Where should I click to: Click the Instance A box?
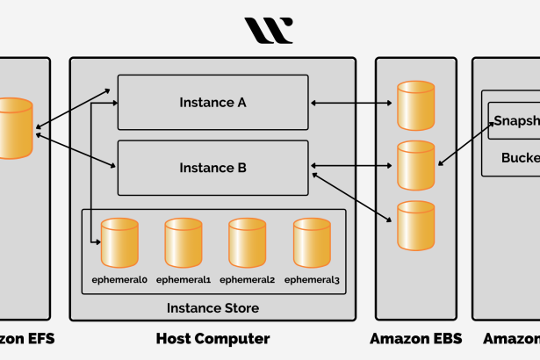point(212,103)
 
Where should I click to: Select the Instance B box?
point(212,168)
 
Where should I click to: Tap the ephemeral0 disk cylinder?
point(119,243)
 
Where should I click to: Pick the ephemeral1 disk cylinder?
point(184,243)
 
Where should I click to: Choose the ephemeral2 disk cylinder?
point(247,243)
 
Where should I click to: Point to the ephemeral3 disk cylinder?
point(312,243)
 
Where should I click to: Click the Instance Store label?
point(212,308)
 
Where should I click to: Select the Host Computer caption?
point(212,338)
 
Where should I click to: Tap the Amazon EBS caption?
point(415,338)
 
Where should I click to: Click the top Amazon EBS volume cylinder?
point(415,105)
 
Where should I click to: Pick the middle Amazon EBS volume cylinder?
point(415,165)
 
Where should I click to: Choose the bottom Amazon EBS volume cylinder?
point(415,225)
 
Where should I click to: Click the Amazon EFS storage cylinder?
point(13,128)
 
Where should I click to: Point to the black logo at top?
point(269,31)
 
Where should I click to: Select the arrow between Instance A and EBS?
point(351,104)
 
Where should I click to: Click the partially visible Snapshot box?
point(514,121)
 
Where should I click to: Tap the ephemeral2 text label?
point(247,280)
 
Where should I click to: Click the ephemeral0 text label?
point(119,280)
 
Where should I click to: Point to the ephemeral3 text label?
point(312,280)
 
